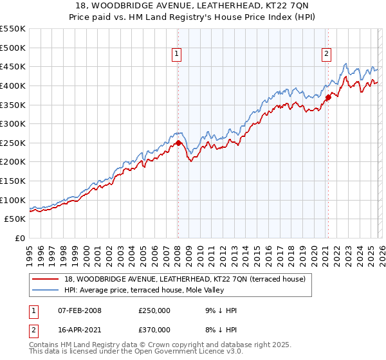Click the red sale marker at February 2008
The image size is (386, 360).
coord(178,143)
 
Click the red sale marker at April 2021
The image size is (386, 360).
coord(327,97)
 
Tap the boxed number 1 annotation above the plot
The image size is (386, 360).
coord(176,55)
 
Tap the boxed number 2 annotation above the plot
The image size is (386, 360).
coord(327,55)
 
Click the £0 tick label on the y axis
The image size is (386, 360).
coord(21,238)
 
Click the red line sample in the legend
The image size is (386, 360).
coord(46,278)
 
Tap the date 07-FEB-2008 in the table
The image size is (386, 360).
coord(77,310)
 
